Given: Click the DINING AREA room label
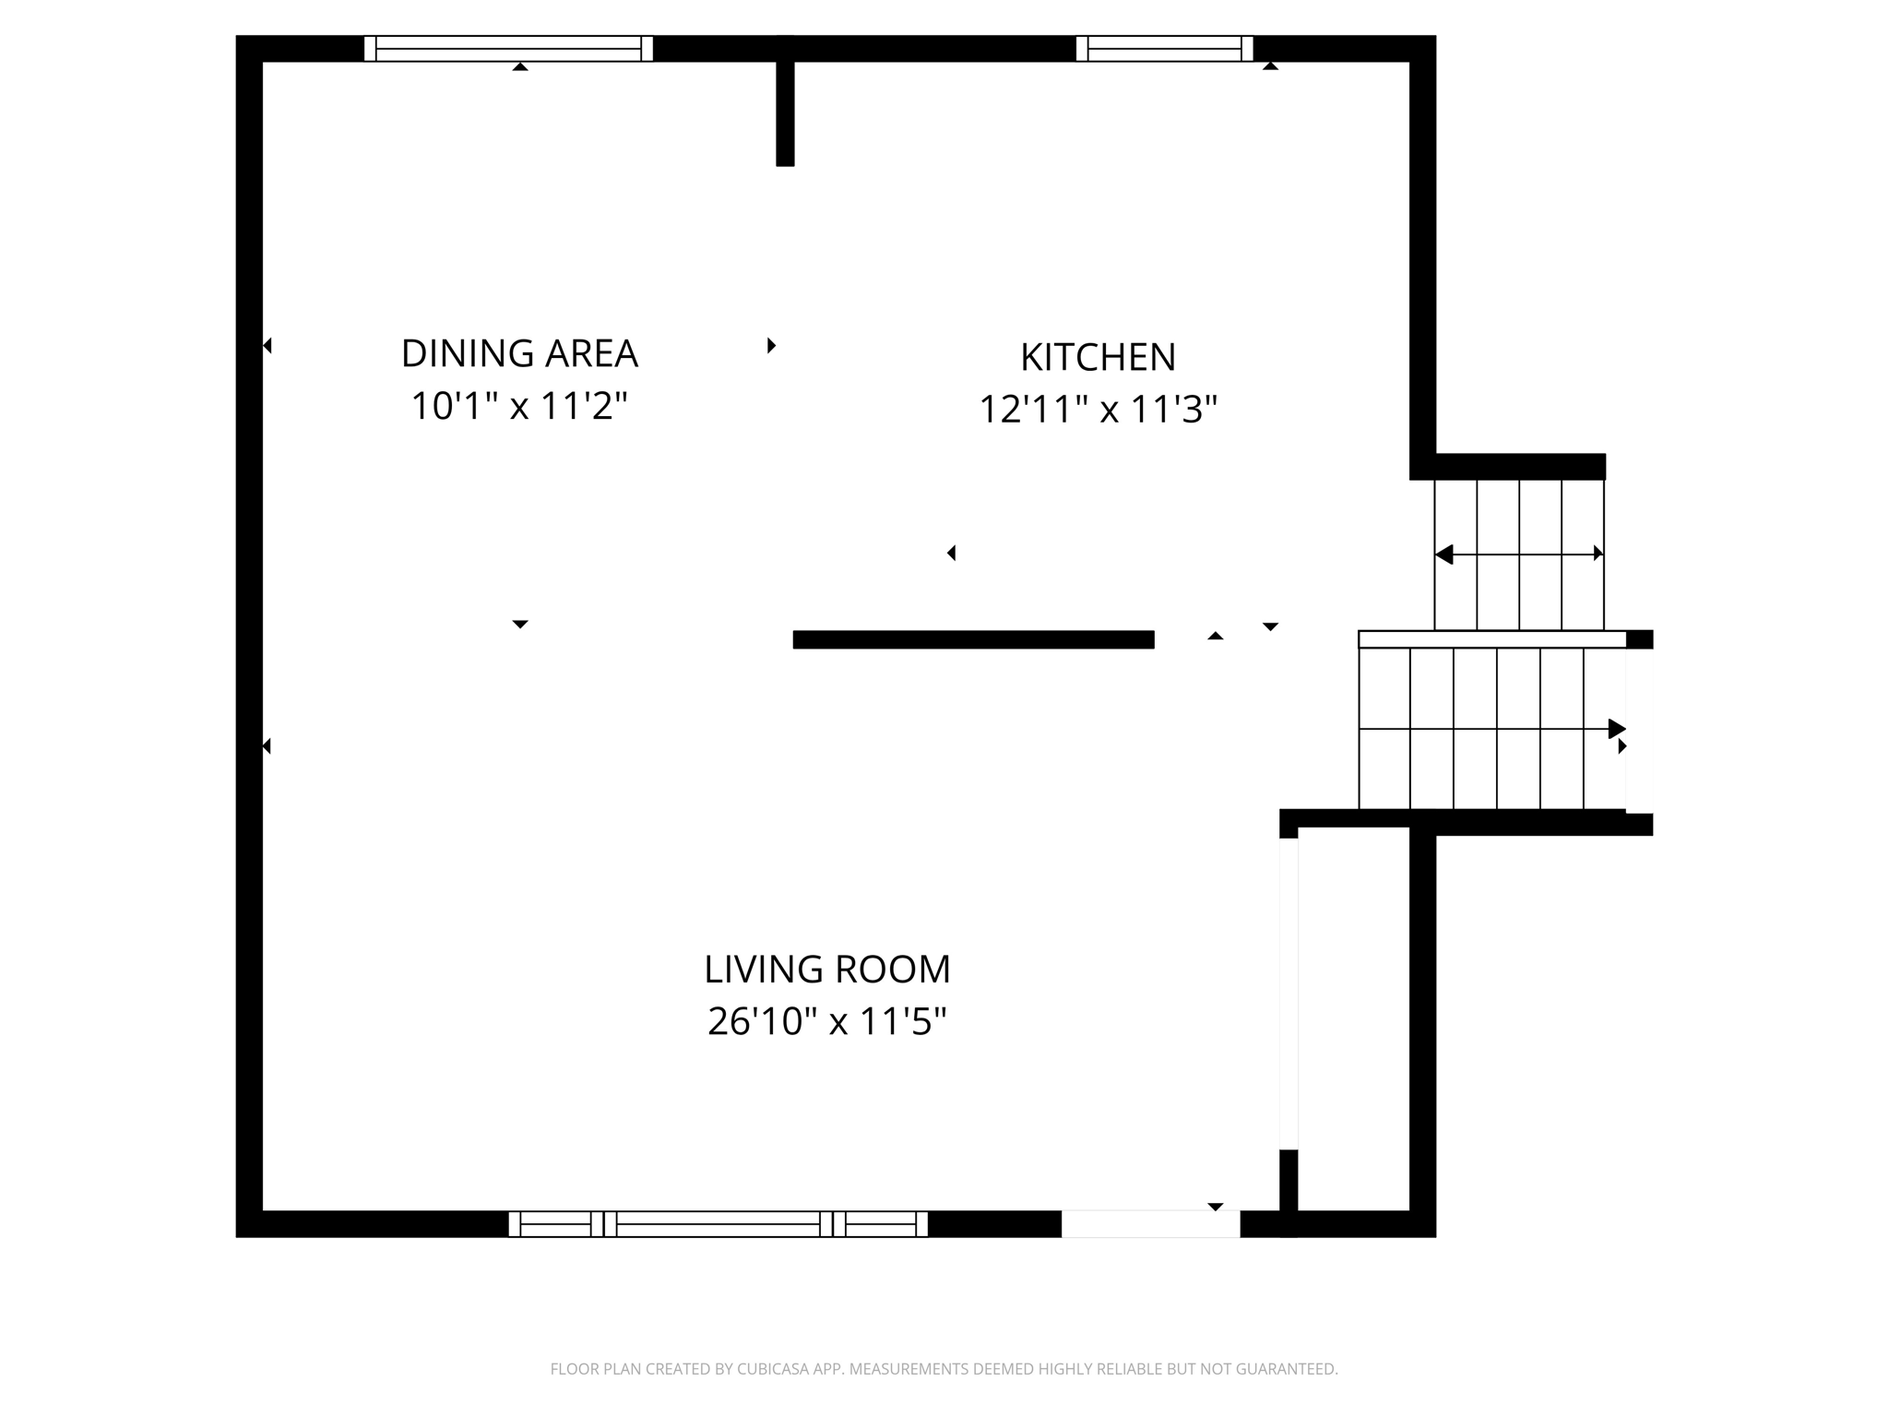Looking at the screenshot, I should pyautogui.click(x=519, y=353).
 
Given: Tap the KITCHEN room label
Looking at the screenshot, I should pyautogui.click(x=1098, y=357).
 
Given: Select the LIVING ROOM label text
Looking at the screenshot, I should pyautogui.click(x=826, y=970).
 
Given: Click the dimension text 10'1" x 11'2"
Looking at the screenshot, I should pyautogui.click(x=519, y=406).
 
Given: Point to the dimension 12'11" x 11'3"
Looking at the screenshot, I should pyautogui.click(x=1098, y=410).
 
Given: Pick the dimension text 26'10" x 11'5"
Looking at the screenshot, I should pyautogui.click(x=826, y=1021).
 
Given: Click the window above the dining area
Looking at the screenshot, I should pyautogui.click(x=508, y=48).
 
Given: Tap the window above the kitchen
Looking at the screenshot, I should pyautogui.click(x=1164, y=48).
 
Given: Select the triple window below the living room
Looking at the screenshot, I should pyautogui.click(x=718, y=1224).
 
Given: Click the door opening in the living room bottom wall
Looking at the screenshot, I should pyautogui.click(x=1150, y=1224).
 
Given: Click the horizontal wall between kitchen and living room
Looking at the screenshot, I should pyautogui.click(x=973, y=639).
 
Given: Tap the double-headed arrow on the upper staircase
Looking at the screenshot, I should pyautogui.click(x=1519, y=554).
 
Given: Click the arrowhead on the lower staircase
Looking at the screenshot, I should pyautogui.click(x=1616, y=729).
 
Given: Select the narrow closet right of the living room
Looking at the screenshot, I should pyautogui.click(x=1353, y=1019).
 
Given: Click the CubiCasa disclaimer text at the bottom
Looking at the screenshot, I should pyautogui.click(x=944, y=1369).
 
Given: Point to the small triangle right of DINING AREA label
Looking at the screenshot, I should pyautogui.click(x=771, y=345).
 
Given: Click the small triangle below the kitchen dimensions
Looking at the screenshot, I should pyautogui.click(x=952, y=553).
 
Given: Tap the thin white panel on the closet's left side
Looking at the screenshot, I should pyautogui.click(x=1289, y=994).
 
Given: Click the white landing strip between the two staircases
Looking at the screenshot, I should pyautogui.click(x=1491, y=639).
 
